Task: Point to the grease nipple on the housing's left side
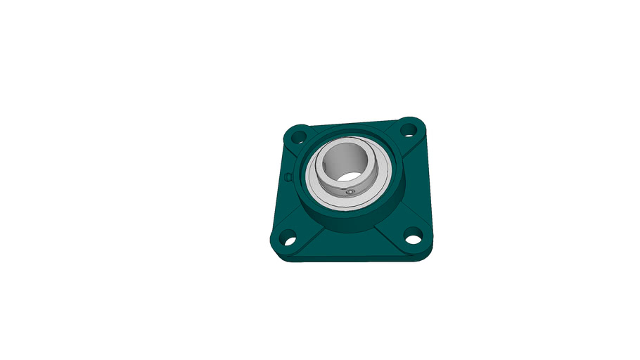(x=288, y=176)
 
